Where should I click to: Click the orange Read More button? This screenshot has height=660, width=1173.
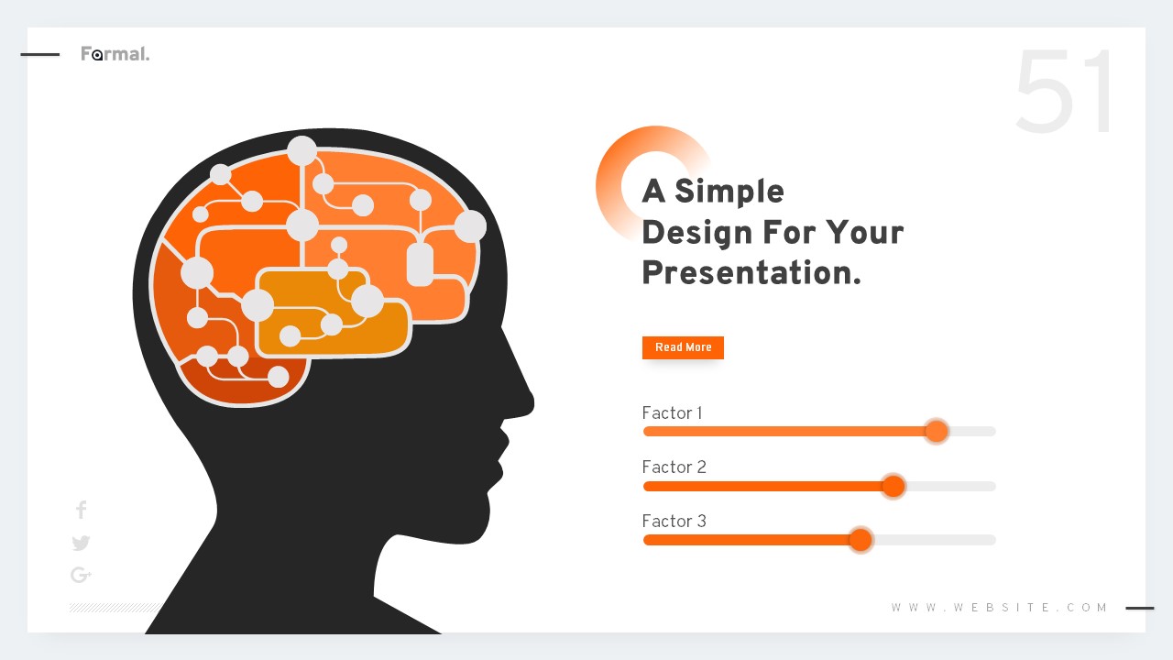(x=683, y=347)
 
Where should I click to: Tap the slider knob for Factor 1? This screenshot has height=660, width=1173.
(x=936, y=431)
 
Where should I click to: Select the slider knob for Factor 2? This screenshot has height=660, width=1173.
(x=893, y=486)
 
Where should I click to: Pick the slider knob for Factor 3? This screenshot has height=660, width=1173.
(x=860, y=540)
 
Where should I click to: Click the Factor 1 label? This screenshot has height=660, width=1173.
(x=672, y=413)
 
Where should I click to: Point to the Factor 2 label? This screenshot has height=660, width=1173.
(x=674, y=467)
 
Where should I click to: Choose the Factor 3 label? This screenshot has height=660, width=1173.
(x=674, y=522)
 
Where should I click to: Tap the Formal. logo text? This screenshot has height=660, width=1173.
(x=115, y=54)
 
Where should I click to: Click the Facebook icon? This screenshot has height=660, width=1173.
(x=81, y=510)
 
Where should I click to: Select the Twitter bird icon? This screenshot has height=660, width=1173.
(x=81, y=543)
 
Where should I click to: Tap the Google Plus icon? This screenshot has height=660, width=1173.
(x=81, y=575)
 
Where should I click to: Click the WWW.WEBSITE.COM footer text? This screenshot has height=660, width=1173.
(x=1000, y=608)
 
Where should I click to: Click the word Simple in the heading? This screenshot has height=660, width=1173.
(x=729, y=192)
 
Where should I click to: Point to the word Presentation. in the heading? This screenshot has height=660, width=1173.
(x=751, y=273)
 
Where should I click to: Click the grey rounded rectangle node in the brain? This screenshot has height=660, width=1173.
(x=420, y=264)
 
